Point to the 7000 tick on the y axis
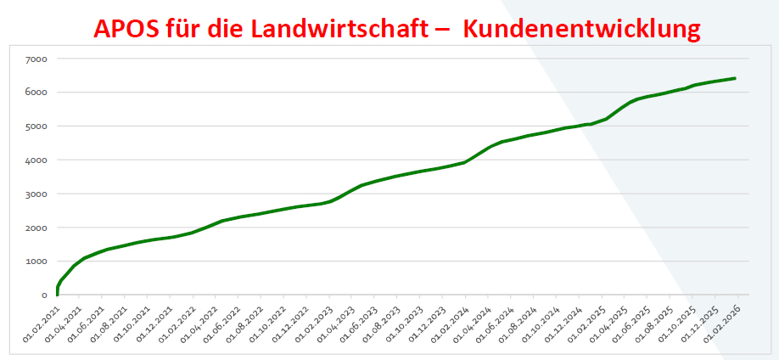pyautogui.click(x=36, y=59)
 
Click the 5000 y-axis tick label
pyautogui.click(x=36, y=127)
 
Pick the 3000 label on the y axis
pyautogui.click(x=36, y=194)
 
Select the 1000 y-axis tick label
pyautogui.click(x=36, y=262)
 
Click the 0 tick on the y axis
pyautogui.click(x=43, y=295)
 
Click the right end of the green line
pyautogui.click(x=735, y=78)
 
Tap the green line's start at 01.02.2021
pyautogui.click(x=57, y=294)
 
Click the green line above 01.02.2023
pyautogui.click(x=328, y=201)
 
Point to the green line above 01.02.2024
pyautogui.click(x=464, y=162)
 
